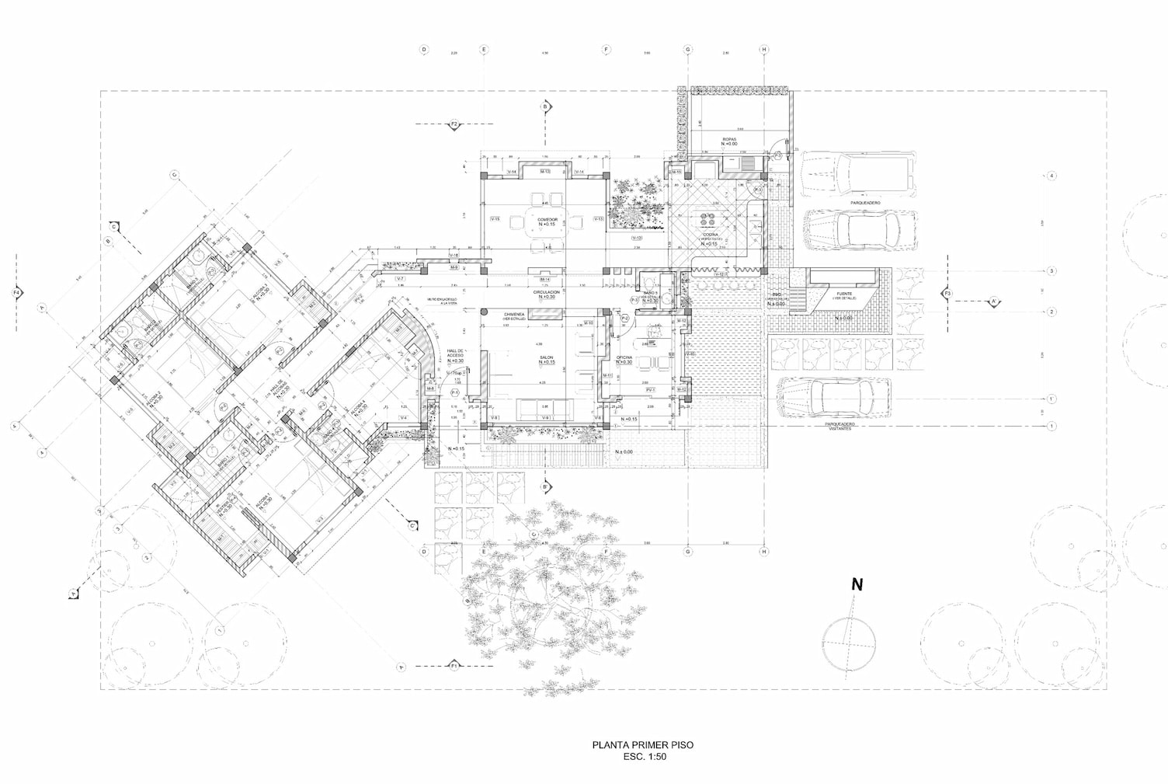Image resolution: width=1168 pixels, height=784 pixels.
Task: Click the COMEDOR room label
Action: tap(547, 220)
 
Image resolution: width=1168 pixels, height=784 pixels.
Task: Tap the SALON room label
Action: tap(546, 358)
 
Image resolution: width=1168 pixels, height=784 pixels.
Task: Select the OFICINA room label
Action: tap(624, 358)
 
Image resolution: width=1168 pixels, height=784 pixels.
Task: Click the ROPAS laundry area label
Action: tap(728, 140)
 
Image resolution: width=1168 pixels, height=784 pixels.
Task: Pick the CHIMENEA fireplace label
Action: tap(509, 315)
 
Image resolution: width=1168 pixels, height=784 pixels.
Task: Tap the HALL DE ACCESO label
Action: tap(454, 354)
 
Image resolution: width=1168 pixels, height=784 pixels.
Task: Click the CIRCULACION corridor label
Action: tap(546, 293)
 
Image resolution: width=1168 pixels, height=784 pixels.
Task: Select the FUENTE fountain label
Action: tap(844, 294)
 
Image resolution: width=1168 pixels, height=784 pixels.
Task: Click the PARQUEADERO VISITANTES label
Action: tap(839, 426)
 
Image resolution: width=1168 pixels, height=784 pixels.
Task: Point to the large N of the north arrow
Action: tap(857, 585)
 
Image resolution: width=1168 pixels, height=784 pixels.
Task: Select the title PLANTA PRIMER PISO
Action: tap(643, 744)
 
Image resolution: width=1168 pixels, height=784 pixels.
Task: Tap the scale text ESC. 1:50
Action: tap(644, 756)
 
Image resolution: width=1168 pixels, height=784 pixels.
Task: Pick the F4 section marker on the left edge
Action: tap(17, 293)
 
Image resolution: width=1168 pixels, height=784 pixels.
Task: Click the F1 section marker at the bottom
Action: tap(454, 666)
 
